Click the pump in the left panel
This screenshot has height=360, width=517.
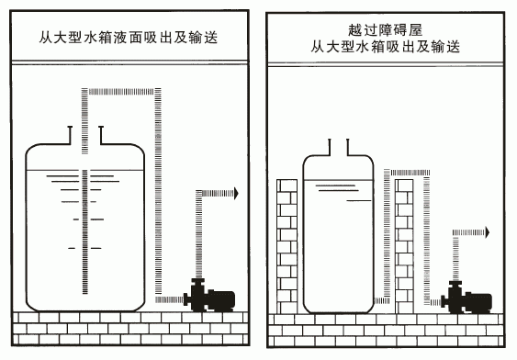(209, 296)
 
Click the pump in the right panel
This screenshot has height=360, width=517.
(466, 298)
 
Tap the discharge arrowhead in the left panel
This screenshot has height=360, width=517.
(236, 193)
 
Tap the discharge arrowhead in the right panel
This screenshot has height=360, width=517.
(488, 232)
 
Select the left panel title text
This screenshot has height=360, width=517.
(129, 38)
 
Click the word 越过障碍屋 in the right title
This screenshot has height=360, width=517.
(385, 30)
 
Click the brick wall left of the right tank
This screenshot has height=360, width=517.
(287, 246)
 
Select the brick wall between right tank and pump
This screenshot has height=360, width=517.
(404, 246)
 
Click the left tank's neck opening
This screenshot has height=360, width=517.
(85, 135)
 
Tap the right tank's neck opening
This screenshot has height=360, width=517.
(338, 147)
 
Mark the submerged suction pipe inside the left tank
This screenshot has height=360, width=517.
(85, 231)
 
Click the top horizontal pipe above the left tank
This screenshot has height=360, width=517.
(121, 91)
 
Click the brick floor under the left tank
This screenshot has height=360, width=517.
(130, 328)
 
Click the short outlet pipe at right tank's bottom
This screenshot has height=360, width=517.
(383, 300)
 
